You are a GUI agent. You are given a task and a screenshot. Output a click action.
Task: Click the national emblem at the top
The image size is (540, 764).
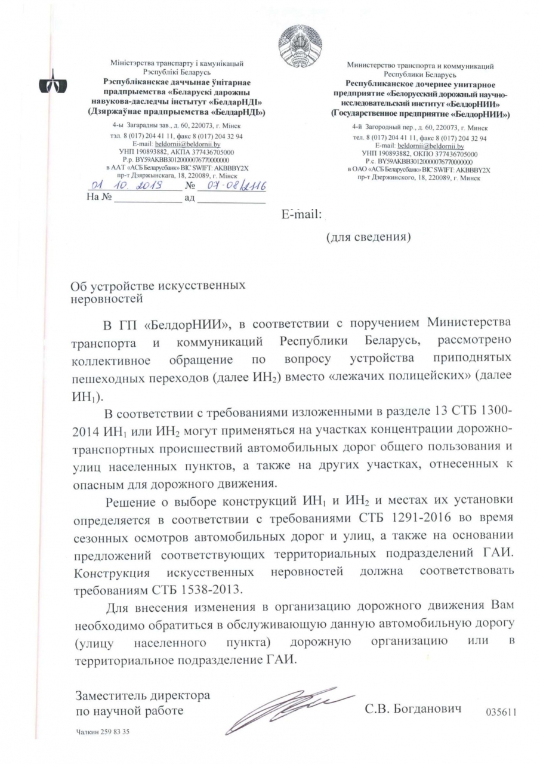click(x=300, y=44)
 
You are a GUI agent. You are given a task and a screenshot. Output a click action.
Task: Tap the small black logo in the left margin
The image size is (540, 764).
click(x=49, y=87)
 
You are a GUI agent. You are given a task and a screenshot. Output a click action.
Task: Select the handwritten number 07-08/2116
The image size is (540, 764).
click(x=233, y=187)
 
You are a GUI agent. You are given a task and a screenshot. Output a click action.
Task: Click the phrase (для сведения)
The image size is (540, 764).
click(x=368, y=238)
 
